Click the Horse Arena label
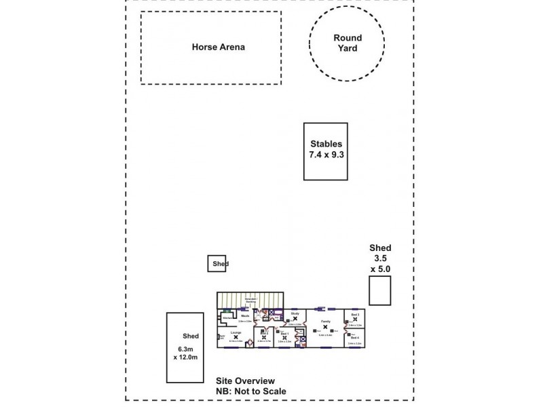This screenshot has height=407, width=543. (x=218, y=47)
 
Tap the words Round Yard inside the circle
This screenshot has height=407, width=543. (x=347, y=43)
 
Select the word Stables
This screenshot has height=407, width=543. (x=326, y=144)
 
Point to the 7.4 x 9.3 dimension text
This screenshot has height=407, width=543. (x=326, y=155)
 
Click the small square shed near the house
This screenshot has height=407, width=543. (x=217, y=263)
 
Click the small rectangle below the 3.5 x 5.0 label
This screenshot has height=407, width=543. (x=379, y=290)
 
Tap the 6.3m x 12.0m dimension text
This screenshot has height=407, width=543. (x=185, y=354)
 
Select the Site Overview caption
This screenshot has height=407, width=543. (x=244, y=381)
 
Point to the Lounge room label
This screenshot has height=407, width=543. (x=236, y=332)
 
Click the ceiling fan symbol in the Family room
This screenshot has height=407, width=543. (x=324, y=327)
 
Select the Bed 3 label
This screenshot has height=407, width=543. (x=355, y=315)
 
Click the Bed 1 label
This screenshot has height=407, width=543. (x=285, y=333)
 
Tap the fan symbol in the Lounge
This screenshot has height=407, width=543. (x=236, y=336)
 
